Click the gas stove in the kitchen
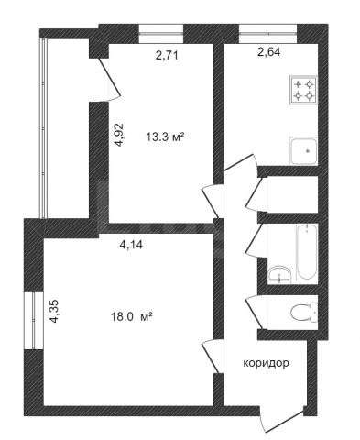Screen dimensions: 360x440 tap(304, 90)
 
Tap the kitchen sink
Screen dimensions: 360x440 tap(304, 151)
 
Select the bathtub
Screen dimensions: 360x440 tap(307, 252)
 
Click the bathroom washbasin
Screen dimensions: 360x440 tap(279, 273)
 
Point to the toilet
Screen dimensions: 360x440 tap(304, 312)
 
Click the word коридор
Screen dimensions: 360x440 tap(266, 363)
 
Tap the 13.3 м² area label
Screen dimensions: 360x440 tap(166, 137)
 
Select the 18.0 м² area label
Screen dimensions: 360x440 tap(131, 317)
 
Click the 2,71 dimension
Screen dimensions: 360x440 tap(167, 56)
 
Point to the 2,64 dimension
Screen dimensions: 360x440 tap(269, 52)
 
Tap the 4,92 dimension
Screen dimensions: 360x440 tap(119, 135)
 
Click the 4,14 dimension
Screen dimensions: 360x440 tap(131, 245)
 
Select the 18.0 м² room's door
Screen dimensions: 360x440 tap(210, 357)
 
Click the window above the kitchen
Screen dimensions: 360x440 tap(267, 34)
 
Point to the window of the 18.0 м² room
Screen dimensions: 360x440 tap(34, 320)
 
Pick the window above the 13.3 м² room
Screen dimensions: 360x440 tap(161, 34)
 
